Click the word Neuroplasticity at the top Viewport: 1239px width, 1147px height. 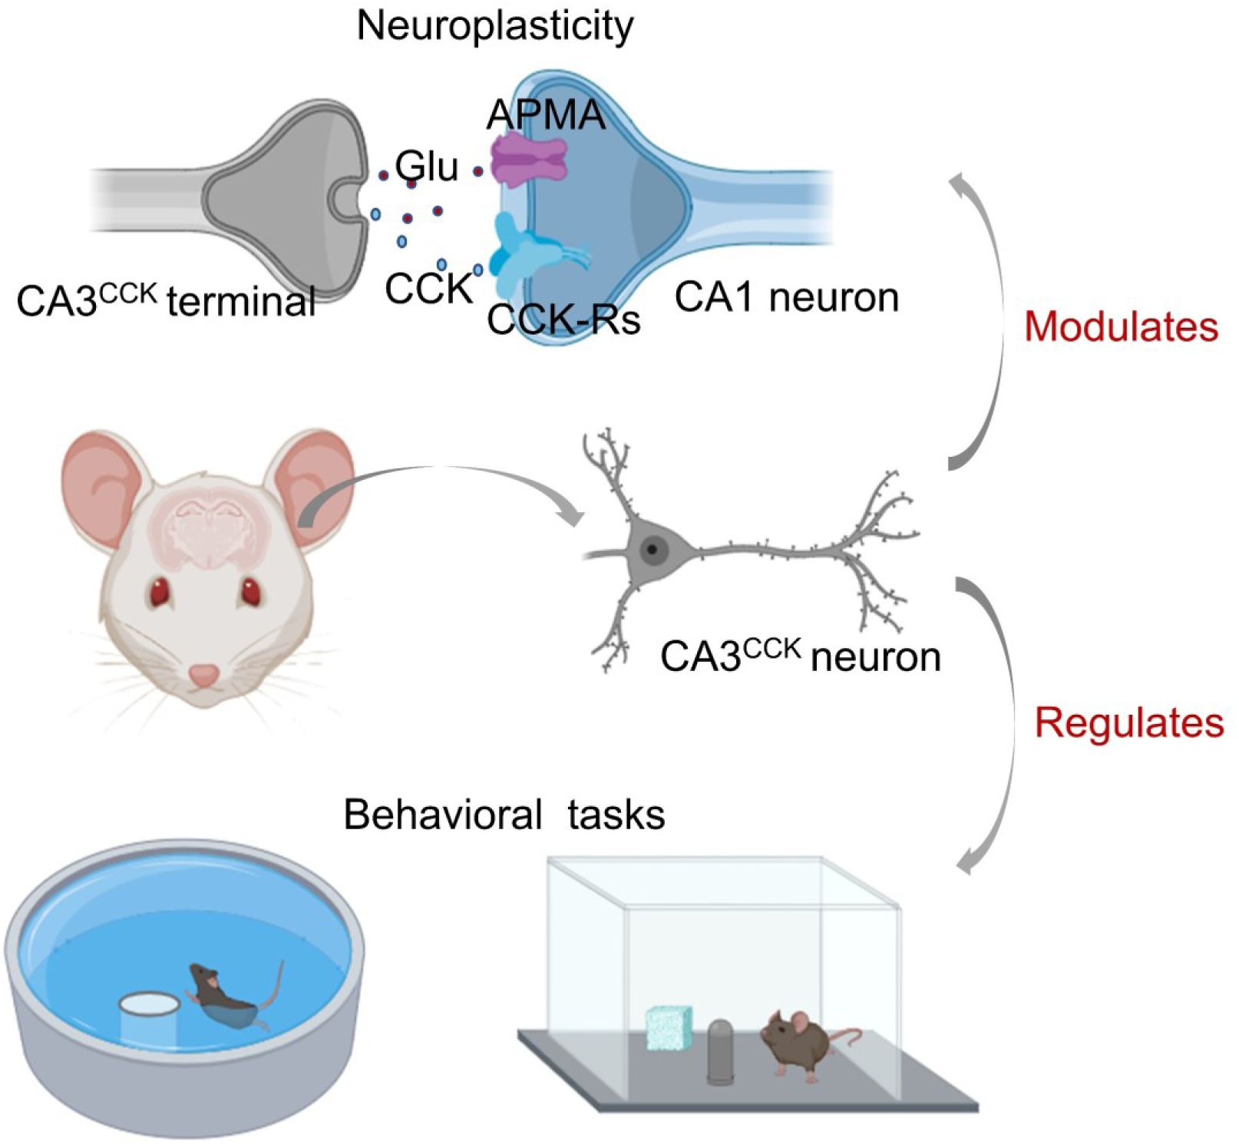[x=495, y=26]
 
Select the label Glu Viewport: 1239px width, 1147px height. [x=427, y=167]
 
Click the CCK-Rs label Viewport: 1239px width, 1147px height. [x=563, y=319]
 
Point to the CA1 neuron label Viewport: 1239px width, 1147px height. [x=787, y=297]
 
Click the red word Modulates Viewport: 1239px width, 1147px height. [x=1121, y=326]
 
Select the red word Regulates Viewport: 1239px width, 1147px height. [x=1128, y=722]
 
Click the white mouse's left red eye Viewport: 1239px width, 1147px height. [x=160, y=593]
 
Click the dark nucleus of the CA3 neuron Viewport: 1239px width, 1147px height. [x=652, y=549]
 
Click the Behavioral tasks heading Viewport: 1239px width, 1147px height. [x=504, y=815]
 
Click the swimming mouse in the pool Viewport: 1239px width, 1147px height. [x=226, y=997]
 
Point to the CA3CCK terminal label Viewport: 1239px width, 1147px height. [x=166, y=300]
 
